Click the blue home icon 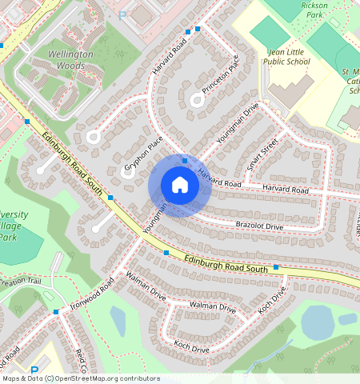[180, 186]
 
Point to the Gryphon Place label [143, 152]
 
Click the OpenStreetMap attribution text [80, 378]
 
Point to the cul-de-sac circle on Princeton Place [197, 100]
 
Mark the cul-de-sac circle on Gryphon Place [127, 171]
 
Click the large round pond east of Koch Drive [318, 321]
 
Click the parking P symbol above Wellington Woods [122, 14]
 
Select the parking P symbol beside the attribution [34, 370]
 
